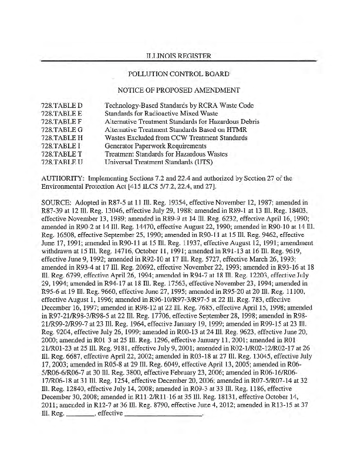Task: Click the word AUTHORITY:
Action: [x=63, y=177]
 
